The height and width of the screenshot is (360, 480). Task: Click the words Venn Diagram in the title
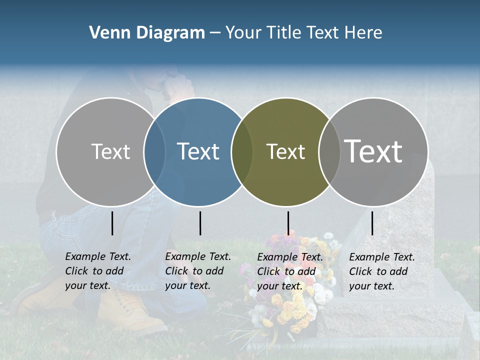click(x=147, y=33)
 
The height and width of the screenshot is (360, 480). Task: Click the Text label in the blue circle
click(x=198, y=151)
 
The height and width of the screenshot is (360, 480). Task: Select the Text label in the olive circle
click(x=285, y=151)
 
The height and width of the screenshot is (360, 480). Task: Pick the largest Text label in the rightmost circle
click(x=373, y=151)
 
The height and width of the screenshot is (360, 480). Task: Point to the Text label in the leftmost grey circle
click(x=110, y=151)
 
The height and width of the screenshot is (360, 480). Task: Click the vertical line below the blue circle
click(x=200, y=223)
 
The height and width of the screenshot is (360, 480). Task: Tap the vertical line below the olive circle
click(x=288, y=223)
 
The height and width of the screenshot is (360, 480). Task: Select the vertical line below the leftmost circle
click(x=112, y=223)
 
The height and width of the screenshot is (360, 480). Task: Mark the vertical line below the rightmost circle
click(x=372, y=223)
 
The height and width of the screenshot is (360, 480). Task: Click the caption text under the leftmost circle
click(x=98, y=271)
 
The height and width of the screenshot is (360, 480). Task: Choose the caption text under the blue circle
click(x=198, y=271)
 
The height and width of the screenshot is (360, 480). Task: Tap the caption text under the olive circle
click(x=290, y=271)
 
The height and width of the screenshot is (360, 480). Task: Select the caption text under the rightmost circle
click(x=382, y=271)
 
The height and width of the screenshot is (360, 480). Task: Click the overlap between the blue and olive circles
click(x=242, y=151)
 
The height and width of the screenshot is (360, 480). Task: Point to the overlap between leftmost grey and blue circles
click(x=154, y=151)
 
